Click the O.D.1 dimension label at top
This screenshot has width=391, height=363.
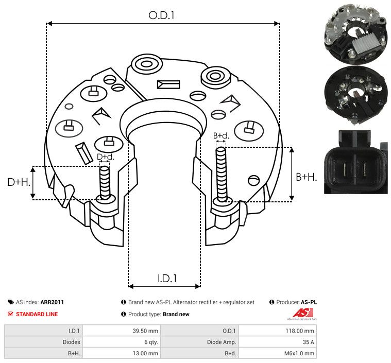coord(162,15)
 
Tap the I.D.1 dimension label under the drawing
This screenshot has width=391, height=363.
coord(167,279)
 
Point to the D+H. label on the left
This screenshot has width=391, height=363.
coord(19,182)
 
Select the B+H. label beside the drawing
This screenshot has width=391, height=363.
coord(307,177)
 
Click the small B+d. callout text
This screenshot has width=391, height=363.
coord(220,136)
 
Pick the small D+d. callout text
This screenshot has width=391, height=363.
coord(105,157)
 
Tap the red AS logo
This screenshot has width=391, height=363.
coord(300,313)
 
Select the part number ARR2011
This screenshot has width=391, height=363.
coord(52,302)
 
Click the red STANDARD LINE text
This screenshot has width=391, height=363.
coord(37,314)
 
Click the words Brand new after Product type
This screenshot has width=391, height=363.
coord(176,314)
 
